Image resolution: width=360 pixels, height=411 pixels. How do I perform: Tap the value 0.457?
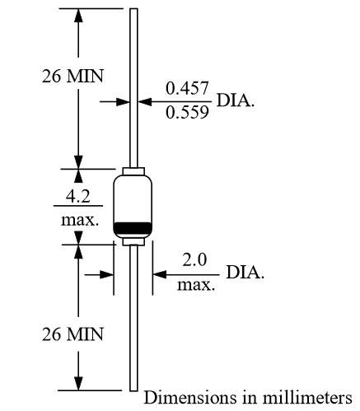187,88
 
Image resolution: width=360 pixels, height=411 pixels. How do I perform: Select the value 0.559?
187,114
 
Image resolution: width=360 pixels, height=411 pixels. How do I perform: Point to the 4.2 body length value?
79,197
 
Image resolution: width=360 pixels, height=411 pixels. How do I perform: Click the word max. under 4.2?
79,221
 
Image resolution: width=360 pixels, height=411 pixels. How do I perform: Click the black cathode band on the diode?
133,227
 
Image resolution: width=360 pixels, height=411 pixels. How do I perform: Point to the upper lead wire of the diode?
133,82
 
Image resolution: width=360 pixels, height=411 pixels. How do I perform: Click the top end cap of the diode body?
133,172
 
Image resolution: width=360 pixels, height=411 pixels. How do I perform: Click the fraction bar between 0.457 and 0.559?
187,101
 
